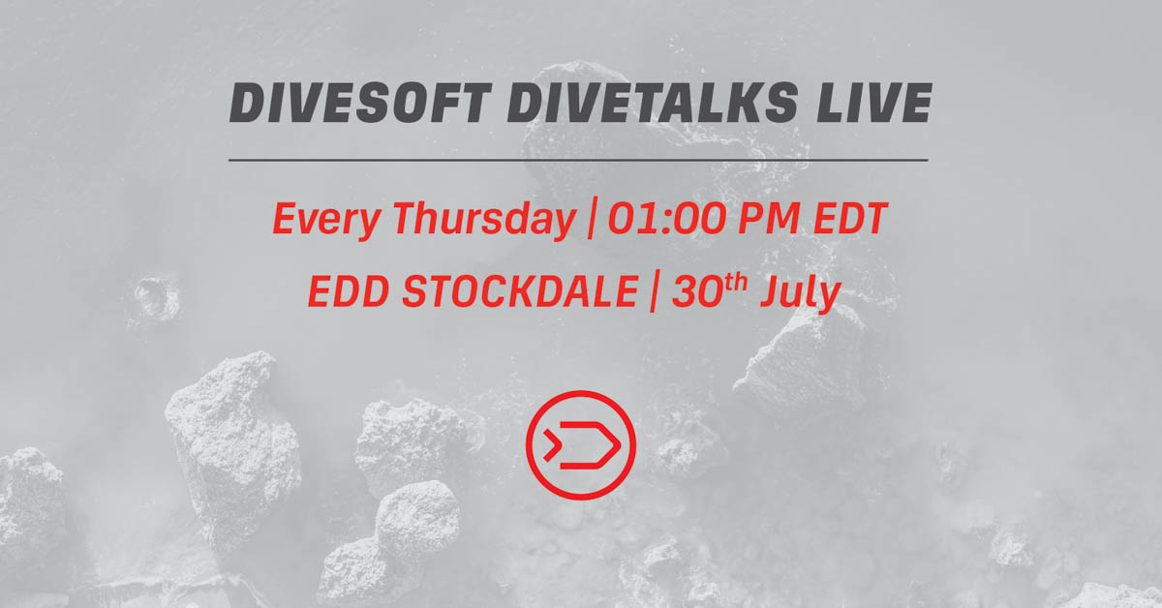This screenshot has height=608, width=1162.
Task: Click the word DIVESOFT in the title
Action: coord(360,103)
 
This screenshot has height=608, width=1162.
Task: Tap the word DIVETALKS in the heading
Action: coord(653,103)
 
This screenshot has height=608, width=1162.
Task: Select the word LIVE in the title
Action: coord(874,103)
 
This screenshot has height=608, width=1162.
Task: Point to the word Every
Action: coord(327,220)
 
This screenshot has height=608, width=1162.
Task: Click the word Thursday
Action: coord(484,220)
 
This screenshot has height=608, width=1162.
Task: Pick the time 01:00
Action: coord(666,219)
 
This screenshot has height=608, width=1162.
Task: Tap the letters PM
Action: coord(768,219)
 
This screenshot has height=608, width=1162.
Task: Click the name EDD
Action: coord(349,291)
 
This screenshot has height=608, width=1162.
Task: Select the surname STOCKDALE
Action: coord(520,291)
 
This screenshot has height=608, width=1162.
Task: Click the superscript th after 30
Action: coord(736,284)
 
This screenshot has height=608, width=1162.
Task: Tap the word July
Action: coord(801,293)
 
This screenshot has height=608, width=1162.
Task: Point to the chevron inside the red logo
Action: coord(551,445)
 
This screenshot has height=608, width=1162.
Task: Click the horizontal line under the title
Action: coord(578,161)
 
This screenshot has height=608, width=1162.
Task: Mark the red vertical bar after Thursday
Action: coord(592,218)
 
